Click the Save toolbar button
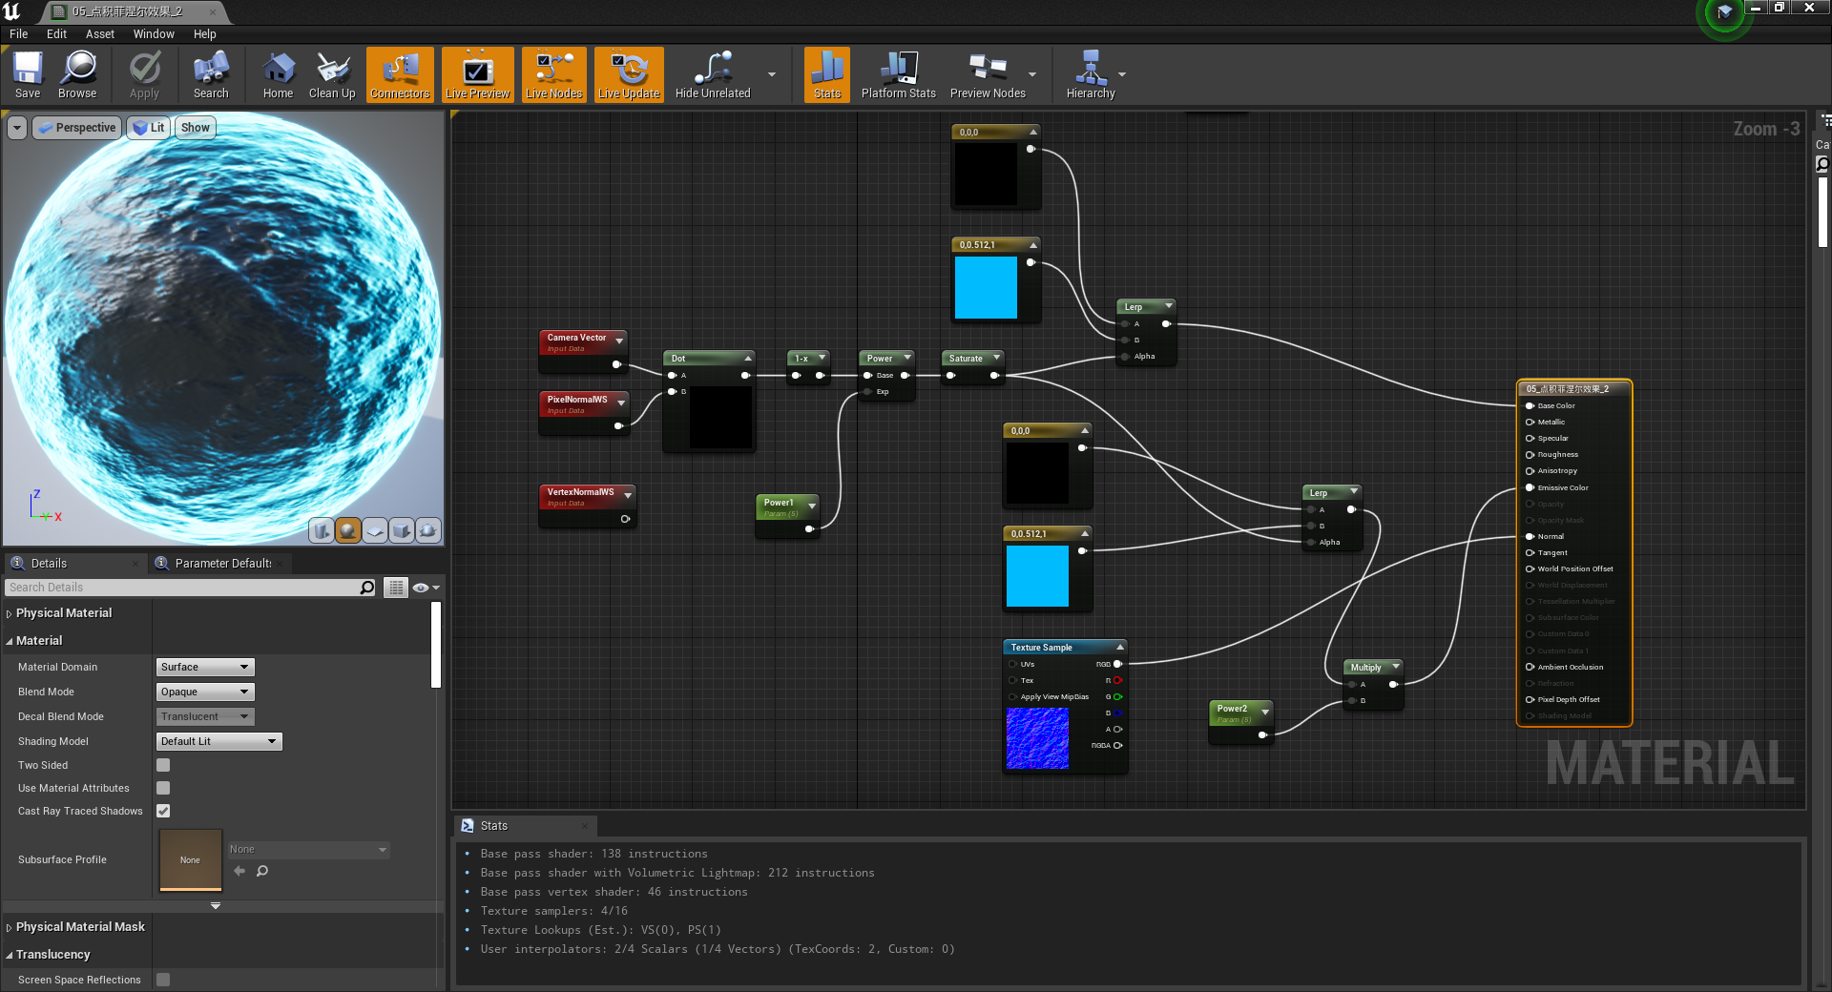tap(28, 74)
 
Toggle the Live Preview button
tap(477, 74)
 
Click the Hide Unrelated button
tap(713, 74)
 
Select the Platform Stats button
tap(898, 74)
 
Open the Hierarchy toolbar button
tap(1090, 74)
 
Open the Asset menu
tap(99, 34)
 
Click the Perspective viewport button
tap(77, 128)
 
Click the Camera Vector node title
tap(576, 338)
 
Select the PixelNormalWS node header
tap(577, 400)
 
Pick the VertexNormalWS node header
tap(580, 492)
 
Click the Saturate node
tap(966, 359)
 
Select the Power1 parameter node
tap(779, 504)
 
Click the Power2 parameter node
tap(1232, 710)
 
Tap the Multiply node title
tap(1365, 668)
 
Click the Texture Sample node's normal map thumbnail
tap(1037, 738)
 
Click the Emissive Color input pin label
tap(1563, 487)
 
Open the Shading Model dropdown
tap(219, 741)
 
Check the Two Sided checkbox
tap(163, 765)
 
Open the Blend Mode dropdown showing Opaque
tap(205, 692)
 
